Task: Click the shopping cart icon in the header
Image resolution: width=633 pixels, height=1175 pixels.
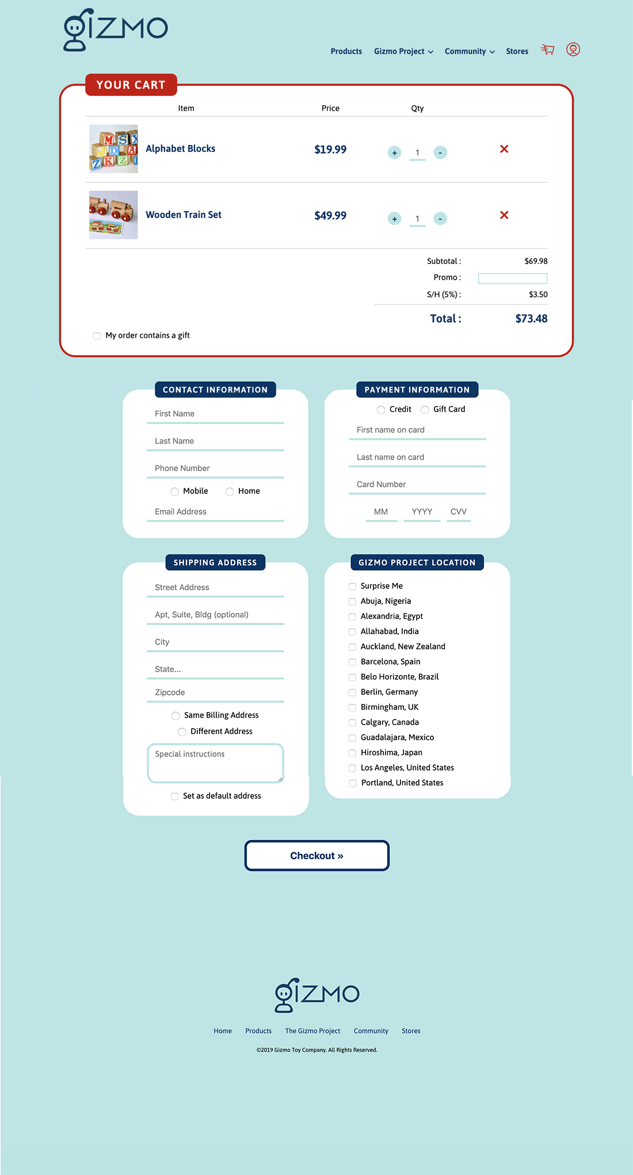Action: click(x=547, y=50)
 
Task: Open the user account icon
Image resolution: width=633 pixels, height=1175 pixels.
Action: click(x=573, y=49)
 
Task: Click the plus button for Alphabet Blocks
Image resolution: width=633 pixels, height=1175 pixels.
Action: click(x=394, y=153)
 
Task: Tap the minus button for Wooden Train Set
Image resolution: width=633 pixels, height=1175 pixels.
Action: click(x=440, y=219)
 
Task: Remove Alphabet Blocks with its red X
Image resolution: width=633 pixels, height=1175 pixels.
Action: click(x=504, y=149)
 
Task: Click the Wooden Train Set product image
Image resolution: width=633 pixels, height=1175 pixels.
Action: click(x=113, y=215)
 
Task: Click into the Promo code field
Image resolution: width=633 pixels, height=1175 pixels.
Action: click(x=513, y=278)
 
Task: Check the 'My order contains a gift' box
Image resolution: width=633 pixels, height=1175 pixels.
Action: click(x=97, y=336)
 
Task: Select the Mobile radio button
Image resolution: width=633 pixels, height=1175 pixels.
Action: click(x=174, y=492)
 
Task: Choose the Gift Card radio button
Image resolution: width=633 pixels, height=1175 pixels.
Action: click(x=425, y=410)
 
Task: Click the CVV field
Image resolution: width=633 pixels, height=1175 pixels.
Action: click(x=459, y=512)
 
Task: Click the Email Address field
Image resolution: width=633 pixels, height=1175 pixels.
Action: click(x=215, y=512)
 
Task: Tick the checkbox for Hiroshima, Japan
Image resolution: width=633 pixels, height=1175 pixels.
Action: click(x=352, y=753)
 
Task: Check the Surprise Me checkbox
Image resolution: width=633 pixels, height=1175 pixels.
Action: click(x=352, y=587)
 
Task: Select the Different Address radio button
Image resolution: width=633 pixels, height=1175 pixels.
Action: click(x=182, y=732)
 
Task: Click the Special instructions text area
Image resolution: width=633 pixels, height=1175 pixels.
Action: click(x=215, y=763)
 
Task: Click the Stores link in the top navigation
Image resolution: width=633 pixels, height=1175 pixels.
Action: click(x=517, y=52)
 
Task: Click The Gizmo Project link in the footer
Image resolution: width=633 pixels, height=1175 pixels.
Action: click(x=312, y=1031)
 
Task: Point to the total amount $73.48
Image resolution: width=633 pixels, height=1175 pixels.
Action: click(x=531, y=319)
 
